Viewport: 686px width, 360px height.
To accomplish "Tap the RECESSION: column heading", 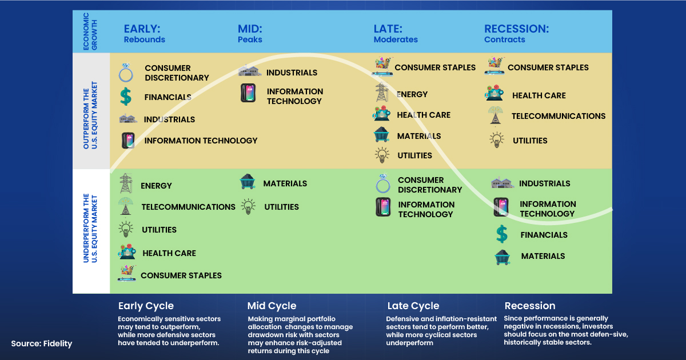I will point(516,29).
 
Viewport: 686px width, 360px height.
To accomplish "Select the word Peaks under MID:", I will point(250,40).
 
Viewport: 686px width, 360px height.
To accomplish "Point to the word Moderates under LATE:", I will point(396,40).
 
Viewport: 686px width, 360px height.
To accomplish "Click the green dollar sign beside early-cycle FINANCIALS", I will point(126,97).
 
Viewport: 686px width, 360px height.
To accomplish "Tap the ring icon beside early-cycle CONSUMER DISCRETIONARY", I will point(126,73).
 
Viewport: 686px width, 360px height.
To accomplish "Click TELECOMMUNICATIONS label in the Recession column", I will point(559,116).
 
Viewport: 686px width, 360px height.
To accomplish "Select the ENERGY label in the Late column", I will point(412,94).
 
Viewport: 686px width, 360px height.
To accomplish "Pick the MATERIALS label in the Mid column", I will point(285,183).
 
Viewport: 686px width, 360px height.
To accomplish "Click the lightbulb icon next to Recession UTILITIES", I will point(496,140).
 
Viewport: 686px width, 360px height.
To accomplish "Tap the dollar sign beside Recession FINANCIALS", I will point(501,234).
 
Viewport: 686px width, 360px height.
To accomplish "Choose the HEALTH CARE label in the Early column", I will point(169,253).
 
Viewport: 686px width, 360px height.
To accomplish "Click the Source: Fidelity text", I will point(41,343).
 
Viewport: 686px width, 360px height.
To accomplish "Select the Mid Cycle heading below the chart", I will point(272,306).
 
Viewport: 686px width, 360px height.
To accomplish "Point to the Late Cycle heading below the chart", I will point(413,306).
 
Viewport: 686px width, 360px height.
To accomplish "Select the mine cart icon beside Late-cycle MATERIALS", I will point(381,135).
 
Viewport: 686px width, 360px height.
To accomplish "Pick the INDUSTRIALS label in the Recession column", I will point(545,183).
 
